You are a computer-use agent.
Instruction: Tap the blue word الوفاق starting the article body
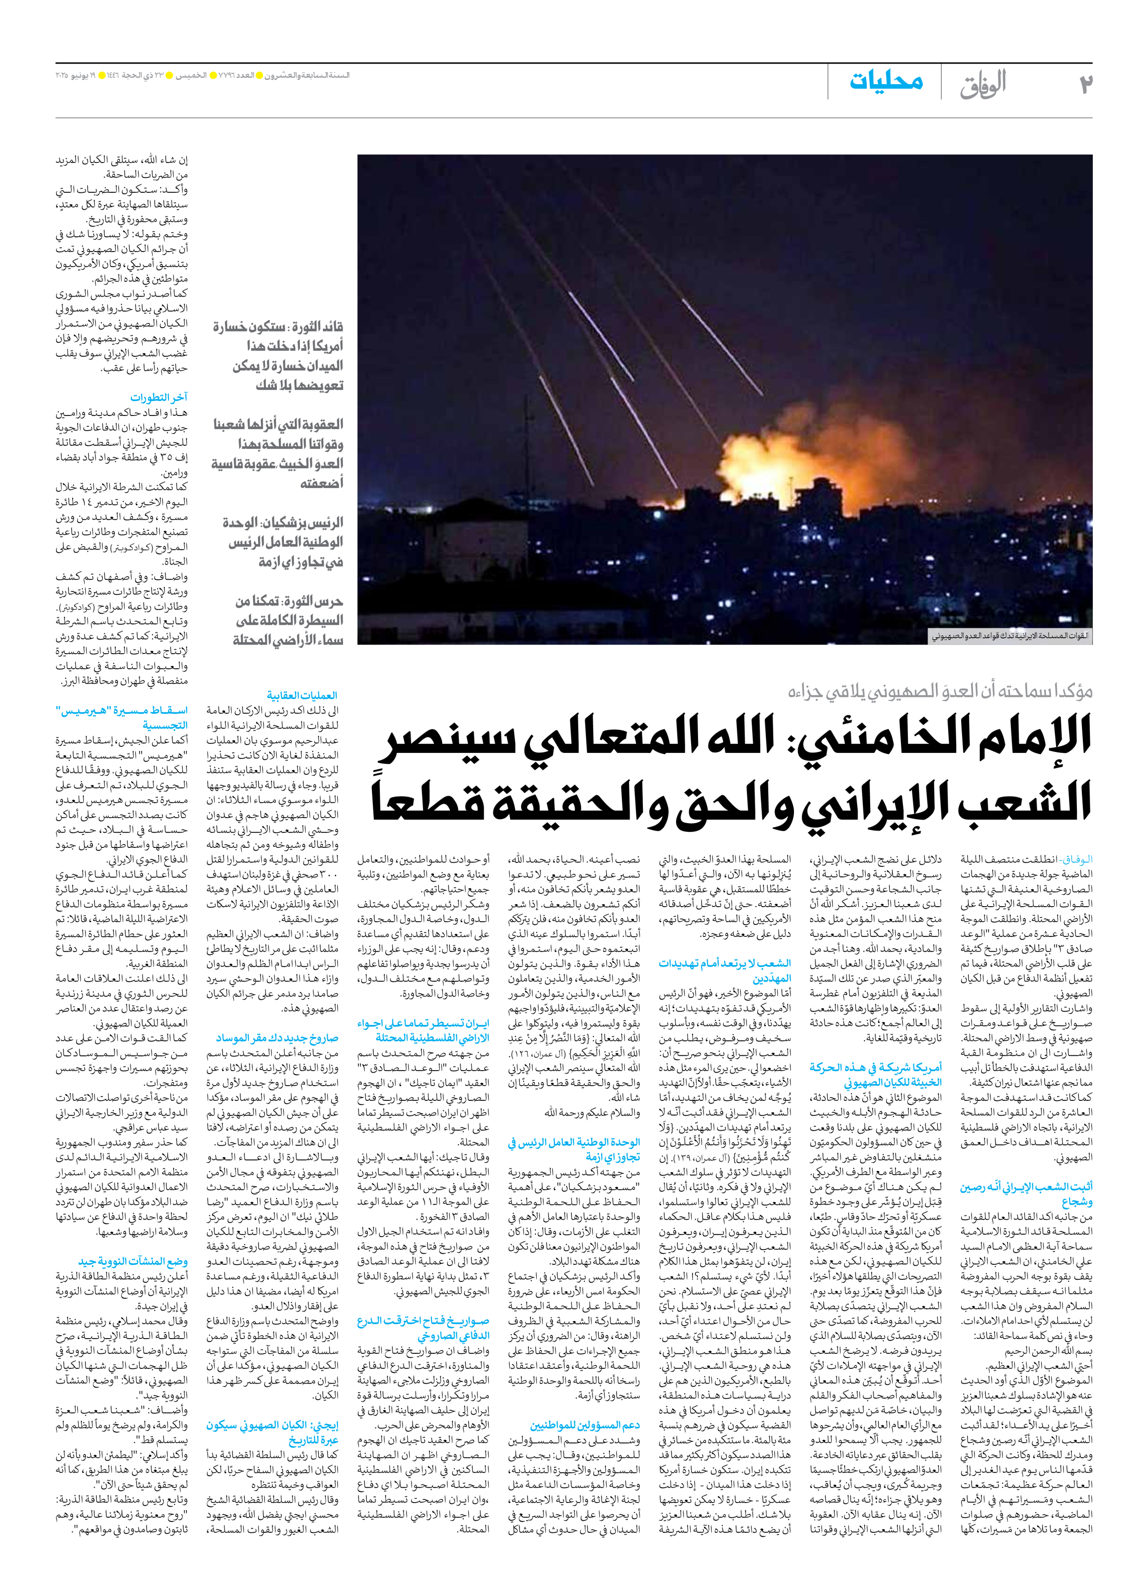(x=1080, y=858)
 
